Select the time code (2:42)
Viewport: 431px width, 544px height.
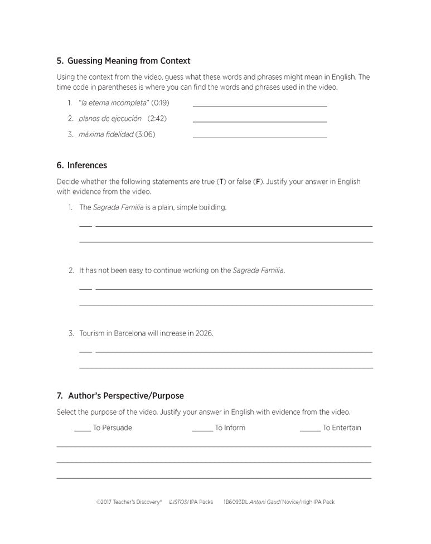pos(157,118)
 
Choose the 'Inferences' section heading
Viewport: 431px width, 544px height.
pos(87,166)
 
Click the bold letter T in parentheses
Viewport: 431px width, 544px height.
pos(221,182)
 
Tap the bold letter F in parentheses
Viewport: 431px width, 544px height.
pos(258,182)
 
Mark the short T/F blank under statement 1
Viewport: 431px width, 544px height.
pos(85,226)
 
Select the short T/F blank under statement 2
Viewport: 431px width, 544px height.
pos(85,289)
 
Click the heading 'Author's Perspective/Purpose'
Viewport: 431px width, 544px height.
pos(125,396)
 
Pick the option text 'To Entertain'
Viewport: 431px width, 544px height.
pos(342,428)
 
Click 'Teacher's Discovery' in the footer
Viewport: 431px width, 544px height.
pos(137,502)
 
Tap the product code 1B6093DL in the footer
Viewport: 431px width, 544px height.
pos(235,502)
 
